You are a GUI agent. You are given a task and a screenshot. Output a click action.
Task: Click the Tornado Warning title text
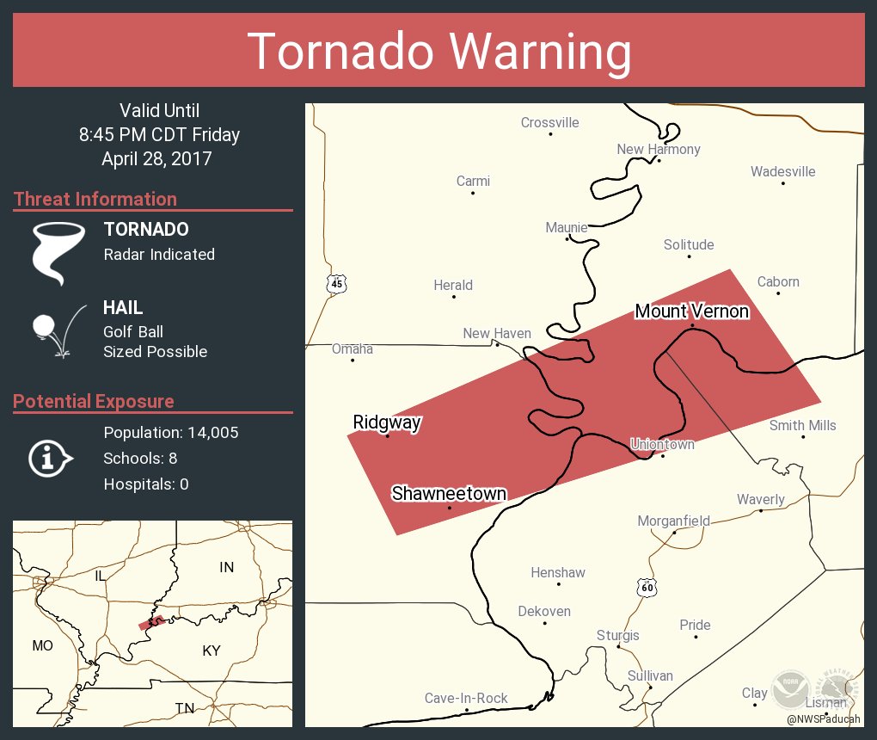[x=439, y=52]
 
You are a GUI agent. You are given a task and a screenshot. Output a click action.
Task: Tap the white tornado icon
[x=58, y=253]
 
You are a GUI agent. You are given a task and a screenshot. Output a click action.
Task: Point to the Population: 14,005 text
[x=171, y=432]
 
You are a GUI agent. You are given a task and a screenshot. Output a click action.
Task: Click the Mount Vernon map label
[x=691, y=311]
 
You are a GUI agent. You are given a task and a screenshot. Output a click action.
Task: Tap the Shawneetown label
[x=449, y=494]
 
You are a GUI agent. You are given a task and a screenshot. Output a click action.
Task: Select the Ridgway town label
[x=386, y=422]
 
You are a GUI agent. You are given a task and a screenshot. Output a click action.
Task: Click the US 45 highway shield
[x=336, y=283]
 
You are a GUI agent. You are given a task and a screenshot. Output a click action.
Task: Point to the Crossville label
[x=549, y=123]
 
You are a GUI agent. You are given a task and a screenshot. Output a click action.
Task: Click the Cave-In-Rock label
[x=466, y=699]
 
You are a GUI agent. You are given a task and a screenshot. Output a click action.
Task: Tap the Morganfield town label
[x=673, y=521]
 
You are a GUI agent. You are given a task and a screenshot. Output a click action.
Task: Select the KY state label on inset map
[x=212, y=651]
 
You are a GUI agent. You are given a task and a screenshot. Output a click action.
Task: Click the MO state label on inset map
[x=42, y=645]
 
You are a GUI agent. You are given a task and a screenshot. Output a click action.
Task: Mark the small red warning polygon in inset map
[x=152, y=621]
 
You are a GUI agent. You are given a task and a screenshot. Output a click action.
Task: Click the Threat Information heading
[x=95, y=199]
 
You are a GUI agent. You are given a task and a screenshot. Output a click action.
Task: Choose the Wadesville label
[x=782, y=171]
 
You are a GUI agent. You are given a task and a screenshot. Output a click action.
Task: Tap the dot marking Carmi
[x=473, y=193]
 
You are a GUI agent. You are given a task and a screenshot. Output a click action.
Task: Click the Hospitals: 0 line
[x=146, y=484]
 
